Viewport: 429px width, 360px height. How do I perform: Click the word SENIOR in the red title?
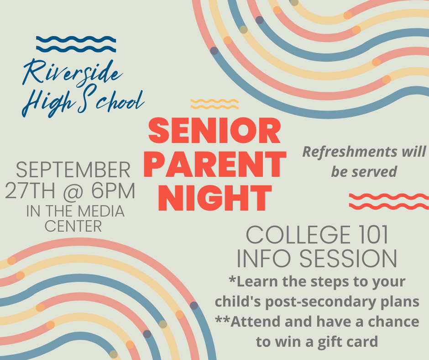pos(214,131)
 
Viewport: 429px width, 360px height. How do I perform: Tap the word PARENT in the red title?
pos(215,164)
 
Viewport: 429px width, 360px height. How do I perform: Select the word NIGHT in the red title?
pos(215,198)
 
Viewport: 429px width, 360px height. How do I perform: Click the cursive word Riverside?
pos(73,72)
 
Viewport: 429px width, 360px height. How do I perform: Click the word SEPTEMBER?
pos(73,170)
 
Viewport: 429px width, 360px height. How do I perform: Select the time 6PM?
pos(113,191)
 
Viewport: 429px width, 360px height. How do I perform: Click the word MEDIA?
pos(101,211)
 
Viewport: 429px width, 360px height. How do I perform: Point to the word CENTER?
pos(73,226)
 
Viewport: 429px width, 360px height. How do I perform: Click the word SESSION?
pos(348,259)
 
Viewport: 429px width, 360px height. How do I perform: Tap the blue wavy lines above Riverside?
pos(76,44)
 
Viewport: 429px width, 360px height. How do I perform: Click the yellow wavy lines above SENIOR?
pos(214,104)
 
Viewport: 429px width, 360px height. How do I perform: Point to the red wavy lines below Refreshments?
pos(389,201)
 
